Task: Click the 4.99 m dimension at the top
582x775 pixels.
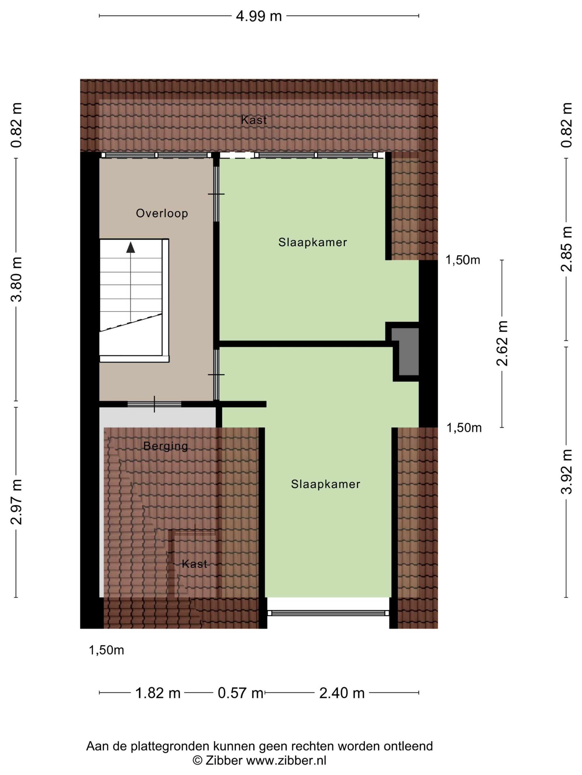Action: (x=259, y=16)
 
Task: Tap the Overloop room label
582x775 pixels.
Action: (x=162, y=213)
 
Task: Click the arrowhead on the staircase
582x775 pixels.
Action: (x=131, y=247)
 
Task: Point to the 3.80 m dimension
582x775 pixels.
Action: (x=16, y=279)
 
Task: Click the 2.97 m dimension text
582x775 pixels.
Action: (x=16, y=502)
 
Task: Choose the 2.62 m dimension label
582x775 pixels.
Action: (x=502, y=343)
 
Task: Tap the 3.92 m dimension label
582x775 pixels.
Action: (x=566, y=471)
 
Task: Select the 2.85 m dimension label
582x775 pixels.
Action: (x=566, y=249)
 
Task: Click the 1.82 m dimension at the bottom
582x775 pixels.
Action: (x=158, y=693)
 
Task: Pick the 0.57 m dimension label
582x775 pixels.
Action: (x=241, y=693)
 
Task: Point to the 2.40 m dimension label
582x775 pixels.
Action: (x=342, y=693)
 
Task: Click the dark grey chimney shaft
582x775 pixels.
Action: (x=405, y=352)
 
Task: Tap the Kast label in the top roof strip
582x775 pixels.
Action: (x=254, y=120)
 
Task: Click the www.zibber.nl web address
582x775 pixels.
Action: (x=286, y=761)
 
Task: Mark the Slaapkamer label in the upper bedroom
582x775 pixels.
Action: (x=313, y=242)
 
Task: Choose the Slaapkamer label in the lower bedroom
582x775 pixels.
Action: (x=326, y=484)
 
